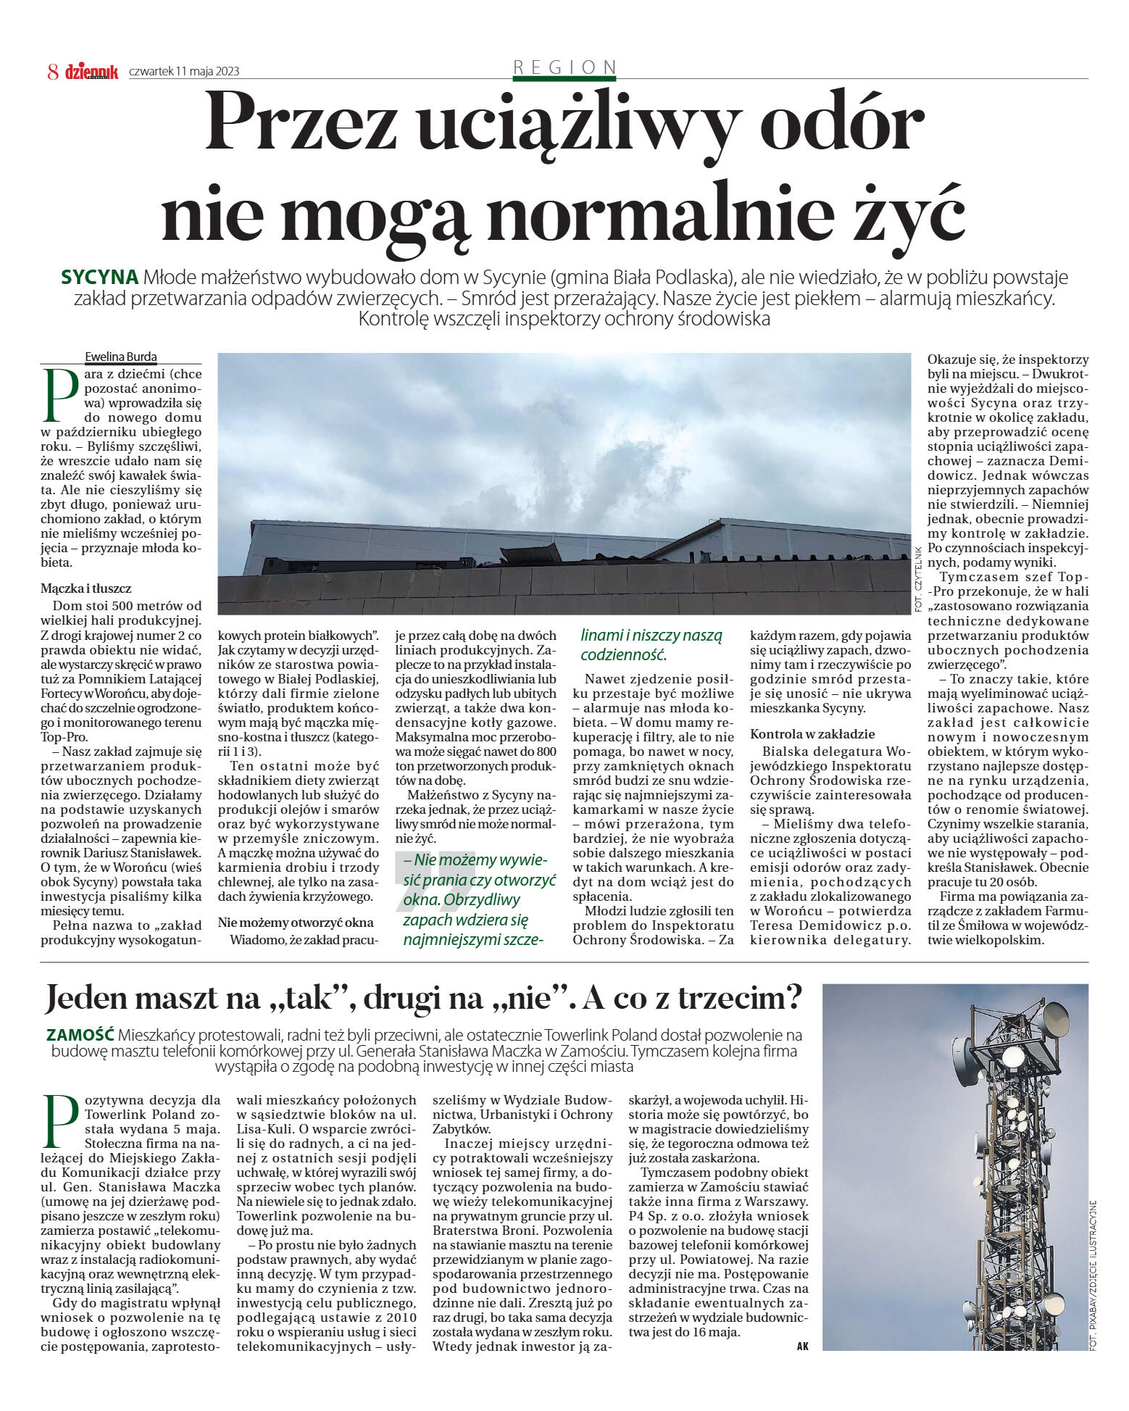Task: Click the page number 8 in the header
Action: [53, 72]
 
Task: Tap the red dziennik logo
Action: [91, 72]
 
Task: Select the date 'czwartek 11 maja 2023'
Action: [184, 72]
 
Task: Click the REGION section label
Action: [564, 67]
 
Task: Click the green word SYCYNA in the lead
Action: [100, 278]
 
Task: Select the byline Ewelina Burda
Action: [121, 357]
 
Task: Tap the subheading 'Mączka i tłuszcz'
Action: [86, 588]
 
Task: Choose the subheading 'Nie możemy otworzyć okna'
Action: [296, 923]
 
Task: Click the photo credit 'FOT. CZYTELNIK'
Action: [917, 578]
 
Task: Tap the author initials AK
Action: [802, 1346]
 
